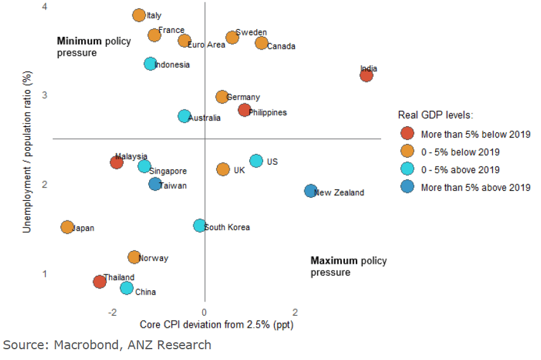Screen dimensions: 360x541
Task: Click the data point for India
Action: click(366, 75)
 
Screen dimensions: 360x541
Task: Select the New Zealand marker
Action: click(310, 191)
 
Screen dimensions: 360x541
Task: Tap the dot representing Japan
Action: click(67, 227)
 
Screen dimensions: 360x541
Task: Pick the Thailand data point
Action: click(100, 281)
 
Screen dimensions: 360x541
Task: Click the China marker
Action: click(127, 288)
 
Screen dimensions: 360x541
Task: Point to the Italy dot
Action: click(139, 15)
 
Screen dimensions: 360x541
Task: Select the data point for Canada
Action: click(261, 43)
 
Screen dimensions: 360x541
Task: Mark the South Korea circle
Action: click(199, 226)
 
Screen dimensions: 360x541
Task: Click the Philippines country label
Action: click(268, 113)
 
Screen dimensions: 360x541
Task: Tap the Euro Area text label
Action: click(206, 45)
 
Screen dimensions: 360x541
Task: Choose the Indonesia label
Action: click(172, 65)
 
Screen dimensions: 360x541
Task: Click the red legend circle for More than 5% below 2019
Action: click(408, 134)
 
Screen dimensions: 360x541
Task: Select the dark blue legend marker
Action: click(408, 187)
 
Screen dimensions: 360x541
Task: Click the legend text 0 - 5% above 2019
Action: click(460, 170)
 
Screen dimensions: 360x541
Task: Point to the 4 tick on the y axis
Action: click(44, 6)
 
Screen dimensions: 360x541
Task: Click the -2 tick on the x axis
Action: click(113, 312)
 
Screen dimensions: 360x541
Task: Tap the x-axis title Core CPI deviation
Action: click(216, 325)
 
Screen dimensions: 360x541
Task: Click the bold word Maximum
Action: click(334, 261)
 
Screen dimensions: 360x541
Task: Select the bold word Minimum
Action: click(79, 41)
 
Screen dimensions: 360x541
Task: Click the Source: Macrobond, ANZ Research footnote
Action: click(107, 345)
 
